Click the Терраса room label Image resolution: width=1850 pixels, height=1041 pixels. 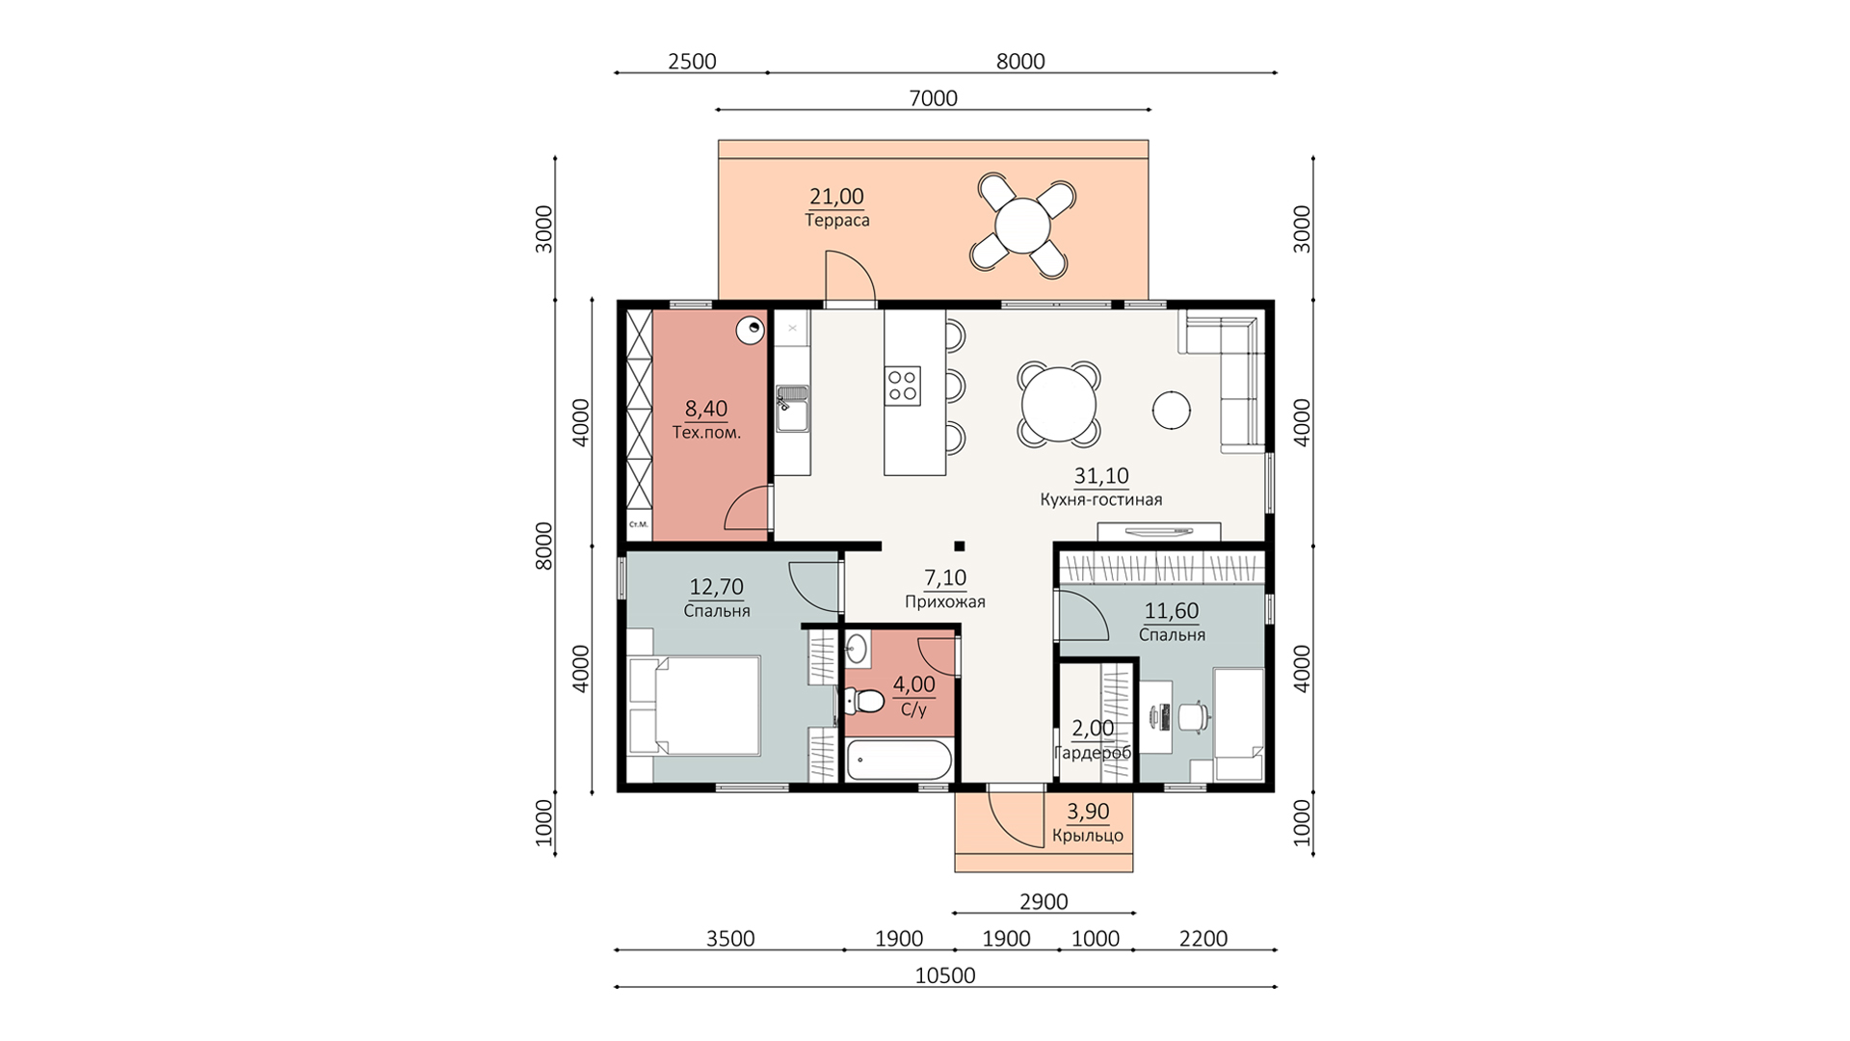pyautogui.click(x=837, y=221)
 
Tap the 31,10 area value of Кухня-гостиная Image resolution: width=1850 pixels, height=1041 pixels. pyautogui.click(x=1101, y=476)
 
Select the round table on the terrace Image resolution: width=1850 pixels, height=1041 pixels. pyautogui.click(x=1022, y=225)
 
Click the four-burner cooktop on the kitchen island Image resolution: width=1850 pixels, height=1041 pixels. pyautogui.click(x=903, y=386)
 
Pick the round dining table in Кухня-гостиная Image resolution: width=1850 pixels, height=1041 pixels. pyautogui.click(x=1059, y=404)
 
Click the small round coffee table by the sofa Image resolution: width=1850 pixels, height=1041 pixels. pyautogui.click(x=1172, y=410)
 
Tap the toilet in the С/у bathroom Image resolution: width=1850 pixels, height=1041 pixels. pyautogui.click(x=864, y=701)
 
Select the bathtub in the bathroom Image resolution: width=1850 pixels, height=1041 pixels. pyautogui.click(x=900, y=761)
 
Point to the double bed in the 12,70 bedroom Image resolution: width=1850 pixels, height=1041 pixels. pyautogui.click(x=694, y=706)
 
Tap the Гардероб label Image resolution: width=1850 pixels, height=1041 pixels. pyautogui.click(x=1093, y=753)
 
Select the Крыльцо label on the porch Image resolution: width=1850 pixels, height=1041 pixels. pyautogui.click(x=1088, y=836)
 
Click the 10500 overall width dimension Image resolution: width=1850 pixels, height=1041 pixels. pyautogui.click(x=945, y=975)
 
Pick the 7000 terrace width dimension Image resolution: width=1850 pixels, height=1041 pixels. pyautogui.click(x=933, y=98)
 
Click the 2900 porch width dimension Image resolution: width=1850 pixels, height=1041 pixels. pyautogui.click(x=1044, y=902)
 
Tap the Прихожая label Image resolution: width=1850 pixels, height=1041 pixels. pyautogui.click(x=945, y=602)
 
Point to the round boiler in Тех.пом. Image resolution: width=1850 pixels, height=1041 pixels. pyautogui.click(x=750, y=331)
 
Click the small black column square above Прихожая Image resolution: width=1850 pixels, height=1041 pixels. pyautogui.click(x=959, y=547)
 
